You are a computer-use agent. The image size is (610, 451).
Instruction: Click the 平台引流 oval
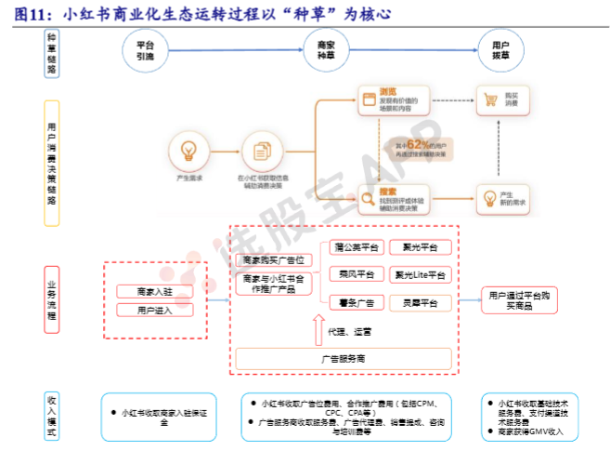coord(144,50)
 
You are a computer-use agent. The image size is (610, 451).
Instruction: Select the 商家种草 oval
coord(325,50)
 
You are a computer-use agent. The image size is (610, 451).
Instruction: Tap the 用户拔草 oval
coord(500,50)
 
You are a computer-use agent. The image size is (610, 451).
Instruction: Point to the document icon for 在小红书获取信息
coord(261,151)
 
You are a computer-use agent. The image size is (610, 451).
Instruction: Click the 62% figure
coord(418,145)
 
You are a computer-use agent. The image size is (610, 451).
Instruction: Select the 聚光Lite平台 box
coord(421,275)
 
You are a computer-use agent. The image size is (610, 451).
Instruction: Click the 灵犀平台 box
coord(421,302)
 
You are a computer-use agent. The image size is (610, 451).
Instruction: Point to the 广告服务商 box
coord(343,358)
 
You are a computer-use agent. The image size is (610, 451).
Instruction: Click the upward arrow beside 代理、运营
coord(318,327)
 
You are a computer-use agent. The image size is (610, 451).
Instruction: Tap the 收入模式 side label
coord(52,415)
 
